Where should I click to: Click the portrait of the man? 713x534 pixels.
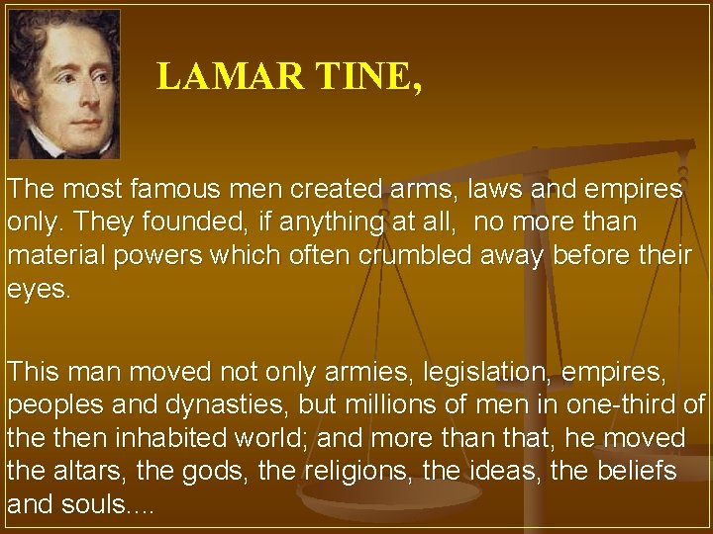64,84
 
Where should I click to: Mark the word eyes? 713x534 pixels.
40,288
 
